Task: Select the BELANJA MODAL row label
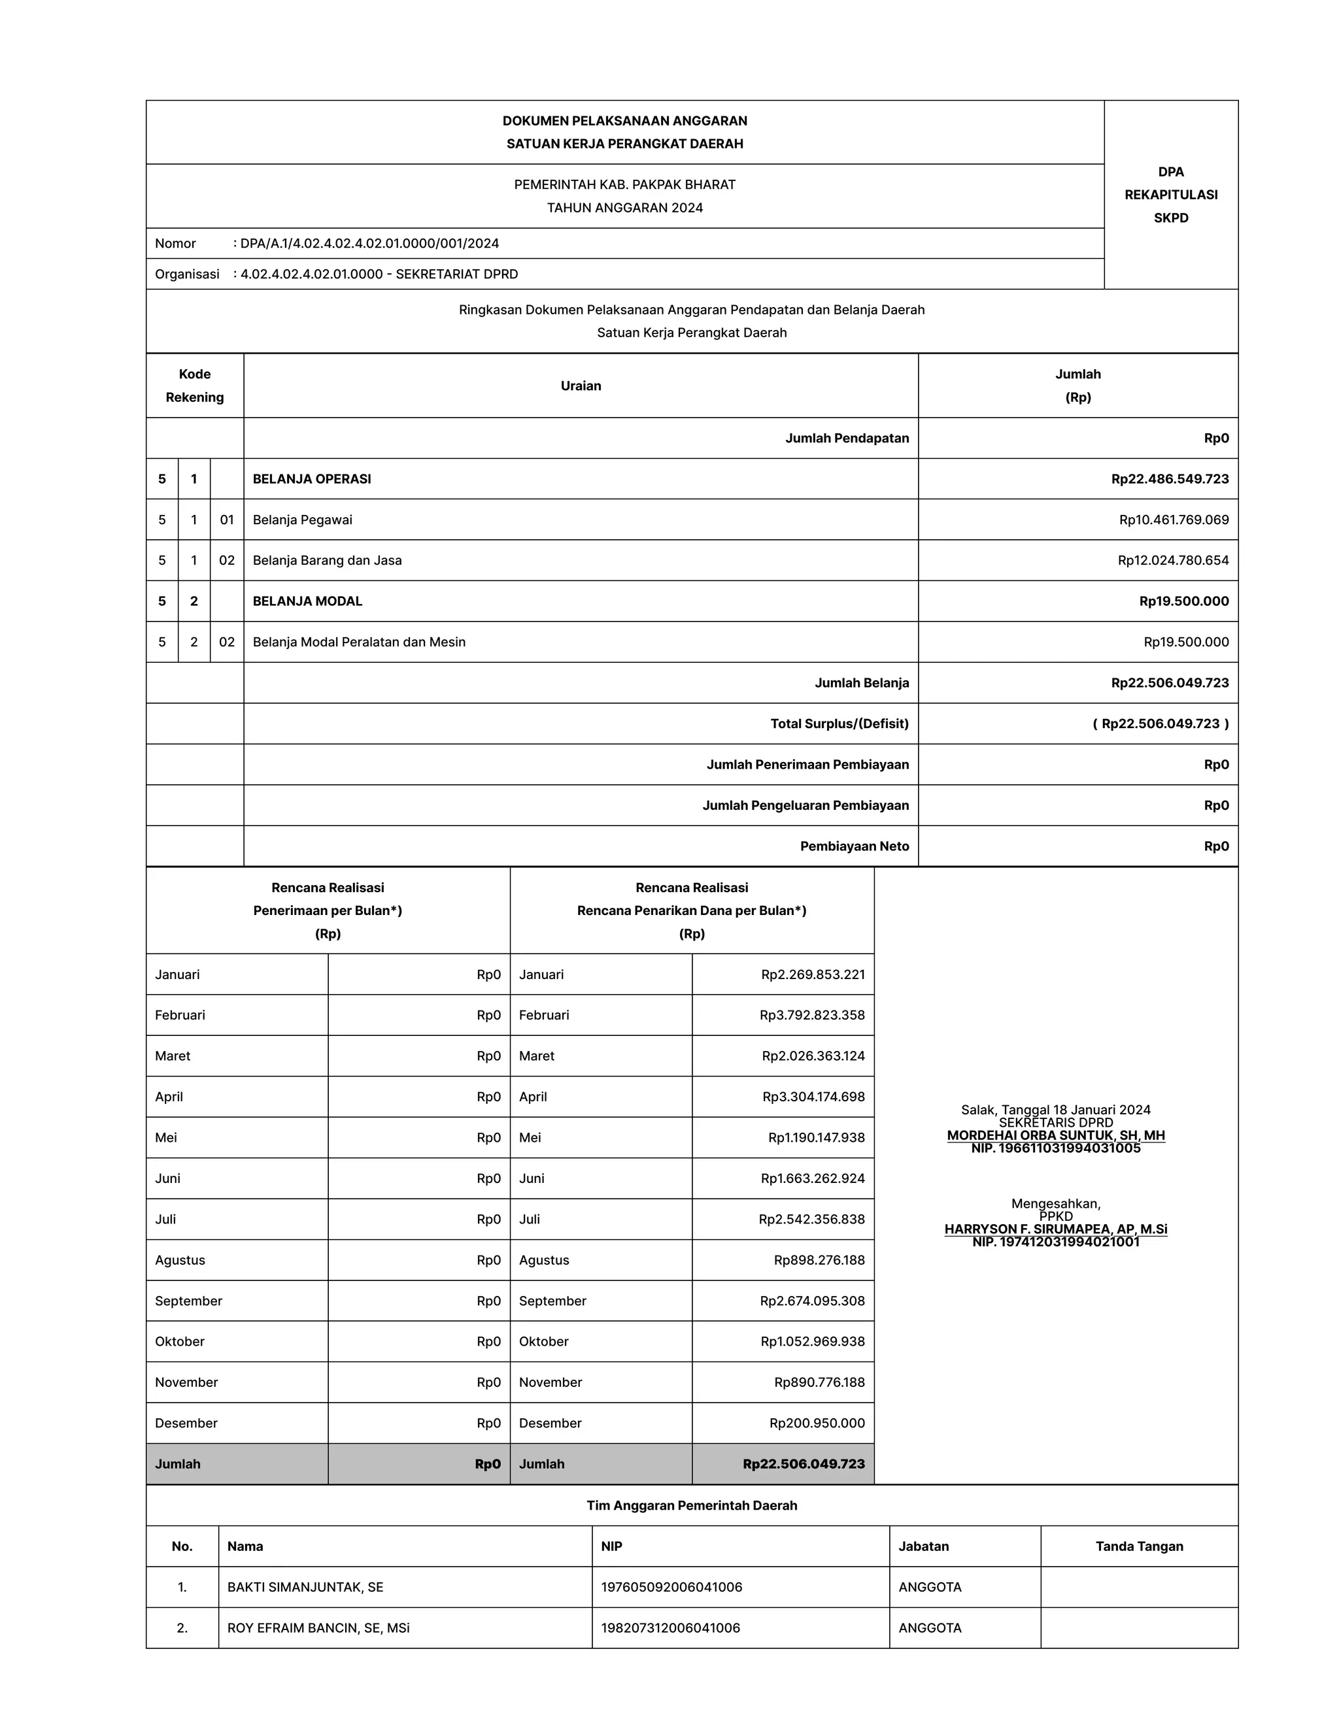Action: click(x=307, y=601)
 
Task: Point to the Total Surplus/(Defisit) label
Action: click(x=839, y=724)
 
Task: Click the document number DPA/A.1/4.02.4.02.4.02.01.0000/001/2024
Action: click(x=369, y=244)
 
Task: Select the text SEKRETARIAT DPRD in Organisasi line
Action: click(x=456, y=275)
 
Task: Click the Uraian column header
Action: click(x=581, y=386)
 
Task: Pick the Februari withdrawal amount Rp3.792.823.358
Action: click(x=811, y=1015)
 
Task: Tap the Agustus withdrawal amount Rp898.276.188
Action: click(x=819, y=1260)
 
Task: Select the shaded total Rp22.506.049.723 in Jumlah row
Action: click(x=804, y=1464)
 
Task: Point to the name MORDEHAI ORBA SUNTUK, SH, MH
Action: click(x=1056, y=1136)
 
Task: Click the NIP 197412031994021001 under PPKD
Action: click(x=1056, y=1242)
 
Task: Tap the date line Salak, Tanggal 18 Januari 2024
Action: click(x=1056, y=1110)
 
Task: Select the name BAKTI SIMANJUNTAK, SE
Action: click(x=305, y=1587)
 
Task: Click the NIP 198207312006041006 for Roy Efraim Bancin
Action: click(x=670, y=1628)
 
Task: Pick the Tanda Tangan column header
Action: click(x=1139, y=1546)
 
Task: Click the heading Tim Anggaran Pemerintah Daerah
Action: click(x=692, y=1505)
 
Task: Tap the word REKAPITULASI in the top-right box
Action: click(x=1171, y=194)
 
